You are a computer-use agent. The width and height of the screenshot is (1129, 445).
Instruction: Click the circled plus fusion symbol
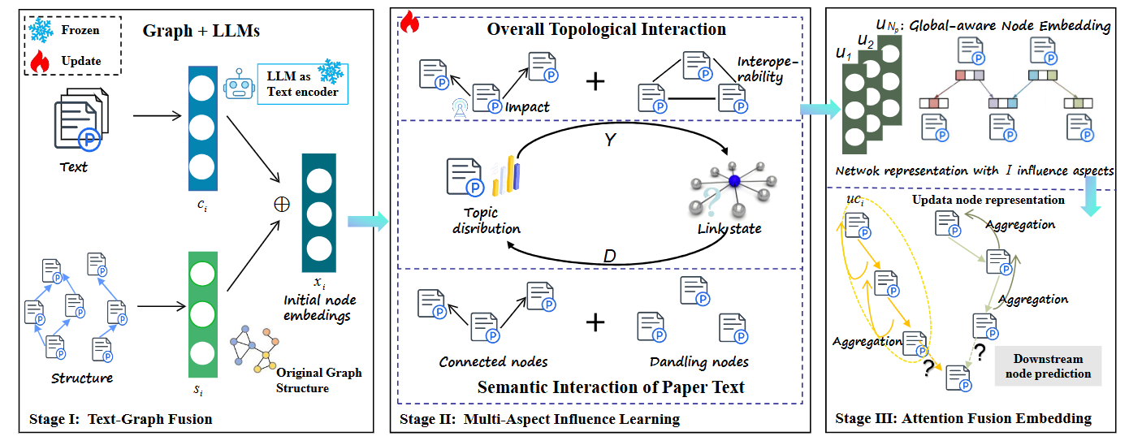click(283, 205)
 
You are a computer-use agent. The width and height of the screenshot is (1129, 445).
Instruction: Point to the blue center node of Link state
click(734, 182)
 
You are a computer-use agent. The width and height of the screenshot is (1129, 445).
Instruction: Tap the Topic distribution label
click(485, 221)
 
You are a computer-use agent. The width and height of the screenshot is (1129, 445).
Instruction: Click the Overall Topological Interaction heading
click(606, 30)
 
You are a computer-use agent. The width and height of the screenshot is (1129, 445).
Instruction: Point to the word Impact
click(527, 106)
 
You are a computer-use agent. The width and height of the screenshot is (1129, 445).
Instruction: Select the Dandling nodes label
click(699, 361)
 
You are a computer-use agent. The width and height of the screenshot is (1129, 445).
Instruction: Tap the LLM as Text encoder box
click(302, 84)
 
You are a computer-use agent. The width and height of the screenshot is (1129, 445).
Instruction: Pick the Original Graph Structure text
click(319, 380)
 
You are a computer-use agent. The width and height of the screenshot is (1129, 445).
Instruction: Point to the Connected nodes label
click(493, 361)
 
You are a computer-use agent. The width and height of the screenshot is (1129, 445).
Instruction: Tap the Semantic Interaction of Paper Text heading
click(611, 387)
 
